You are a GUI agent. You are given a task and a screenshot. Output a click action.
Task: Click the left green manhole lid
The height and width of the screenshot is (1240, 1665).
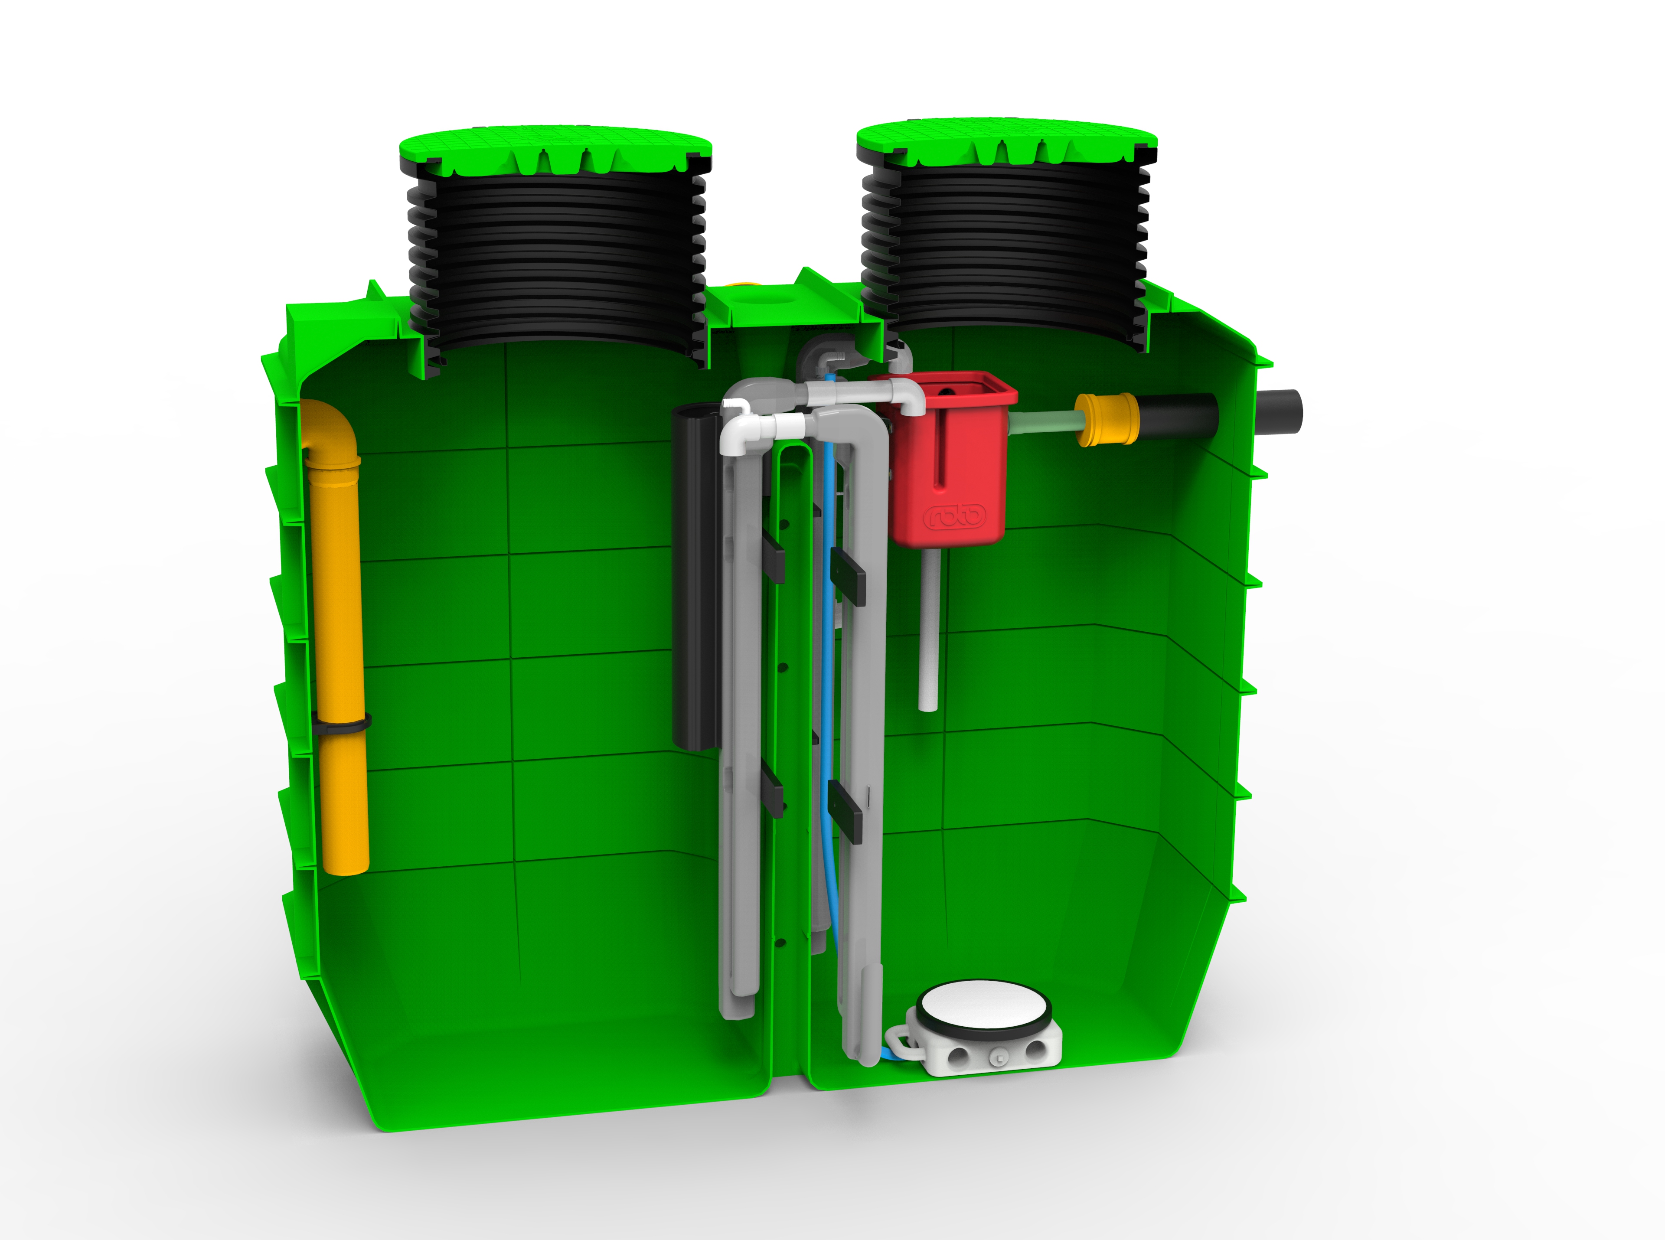[x=555, y=154]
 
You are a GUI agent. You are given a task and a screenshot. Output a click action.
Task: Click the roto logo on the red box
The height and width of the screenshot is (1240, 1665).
[x=954, y=516]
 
